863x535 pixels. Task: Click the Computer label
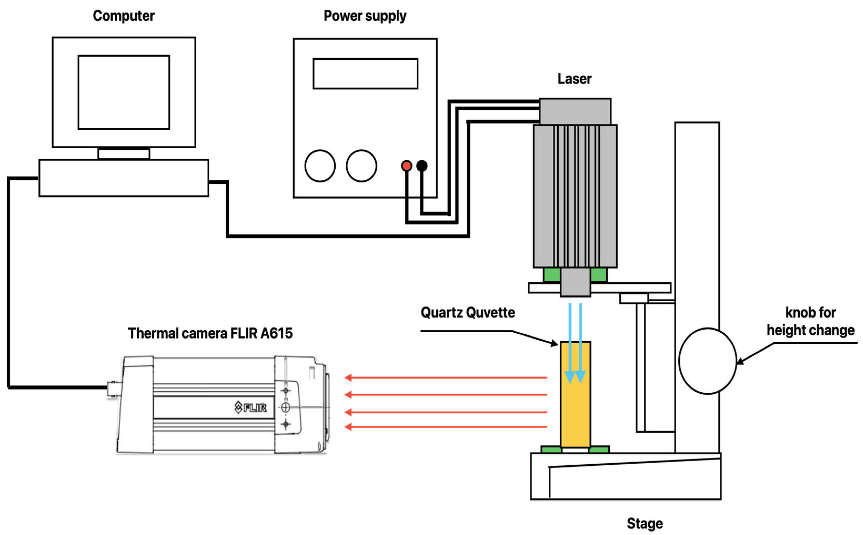pyautogui.click(x=124, y=16)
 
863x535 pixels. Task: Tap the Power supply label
pyautogui.click(x=365, y=16)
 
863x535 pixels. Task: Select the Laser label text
pyautogui.click(x=574, y=79)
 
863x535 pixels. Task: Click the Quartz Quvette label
pyautogui.click(x=468, y=313)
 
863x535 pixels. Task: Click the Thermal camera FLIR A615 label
pyautogui.click(x=210, y=333)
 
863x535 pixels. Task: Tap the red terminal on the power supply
pyautogui.click(x=407, y=165)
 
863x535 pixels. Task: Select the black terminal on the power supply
pyautogui.click(x=422, y=165)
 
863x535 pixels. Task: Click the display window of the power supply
pyautogui.click(x=365, y=74)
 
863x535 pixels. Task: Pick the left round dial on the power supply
pyautogui.click(x=320, y=165)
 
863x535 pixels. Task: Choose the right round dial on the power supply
pyautogui.click(x=361, y=165)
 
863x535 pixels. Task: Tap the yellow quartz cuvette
pyautogui.click(x=575, y=394)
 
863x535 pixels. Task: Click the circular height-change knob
pyautogui.click(x=708, y=361)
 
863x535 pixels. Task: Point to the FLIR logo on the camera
pyautogui.click(x=250, y=407)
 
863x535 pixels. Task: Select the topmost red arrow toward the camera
pyautogui.click(x=446, y=377)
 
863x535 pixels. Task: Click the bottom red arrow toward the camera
pyautogui.click(x=446, y=427)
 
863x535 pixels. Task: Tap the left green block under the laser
pyautogui.click(x=552, y=274)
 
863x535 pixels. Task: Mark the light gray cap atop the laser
pyautogui.click(x=575, y=111)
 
